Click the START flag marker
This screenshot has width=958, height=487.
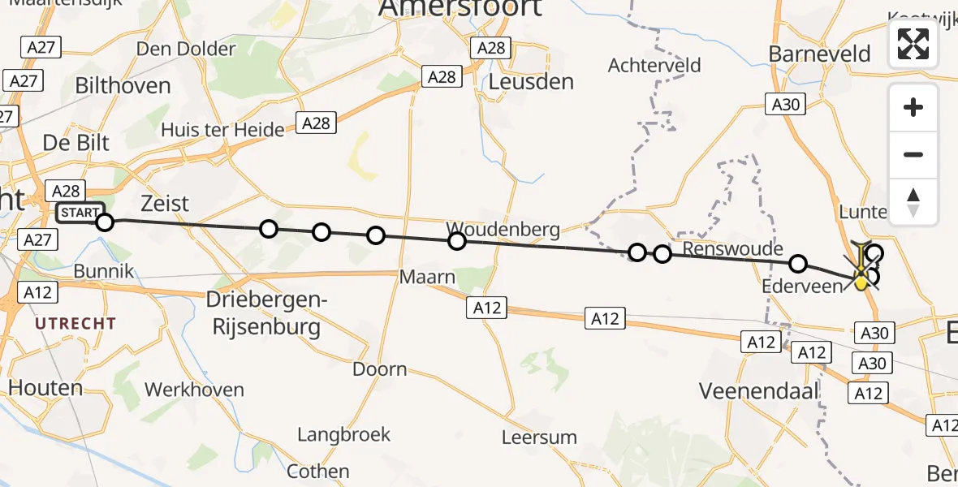(80, 213)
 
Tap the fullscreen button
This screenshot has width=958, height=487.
(913, 44)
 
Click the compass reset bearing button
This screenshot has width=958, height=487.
(913, 202)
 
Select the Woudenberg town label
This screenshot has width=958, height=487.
(503, 230)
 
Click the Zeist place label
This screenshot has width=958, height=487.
(165, 203)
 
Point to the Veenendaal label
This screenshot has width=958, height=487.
(758, 391)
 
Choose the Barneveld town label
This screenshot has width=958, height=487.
(819, 54)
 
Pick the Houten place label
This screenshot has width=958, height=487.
(45, 388)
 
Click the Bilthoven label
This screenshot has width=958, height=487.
(123, 86)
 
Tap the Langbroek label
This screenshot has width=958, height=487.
(343, 435)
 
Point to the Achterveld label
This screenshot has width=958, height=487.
(654, 66)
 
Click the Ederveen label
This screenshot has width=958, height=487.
(802, 287)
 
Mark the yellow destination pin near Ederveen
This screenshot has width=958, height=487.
(861, 282)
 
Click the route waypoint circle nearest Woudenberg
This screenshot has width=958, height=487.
(457, 241)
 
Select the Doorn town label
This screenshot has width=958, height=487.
(379, 370)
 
